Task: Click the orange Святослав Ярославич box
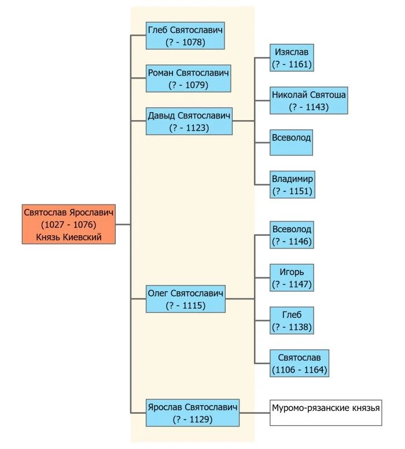click(x=69, y=224)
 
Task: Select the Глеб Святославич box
click(x=185, y=36)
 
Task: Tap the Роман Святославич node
click(x=188, y=79)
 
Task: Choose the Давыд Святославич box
click(x=189, y=121)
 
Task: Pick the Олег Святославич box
click(x=186, y=299)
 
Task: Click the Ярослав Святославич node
click(x=193, y=413)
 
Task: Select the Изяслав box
click(x=292, y=58)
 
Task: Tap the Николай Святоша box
click(x=309, y=101)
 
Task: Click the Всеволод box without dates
click(x=291, y=142)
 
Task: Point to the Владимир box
click(x=292, y=185)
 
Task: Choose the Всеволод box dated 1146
click(x=292, y=235)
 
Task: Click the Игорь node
click(x=292, y=278)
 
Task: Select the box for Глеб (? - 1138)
click(x=292, y=321)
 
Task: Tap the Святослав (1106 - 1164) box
click(x=299, y=363)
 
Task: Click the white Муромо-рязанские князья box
click(x=326, y=413)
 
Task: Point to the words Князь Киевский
click(x=69, y=237)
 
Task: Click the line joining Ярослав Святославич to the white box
click(x=255, y=413)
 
